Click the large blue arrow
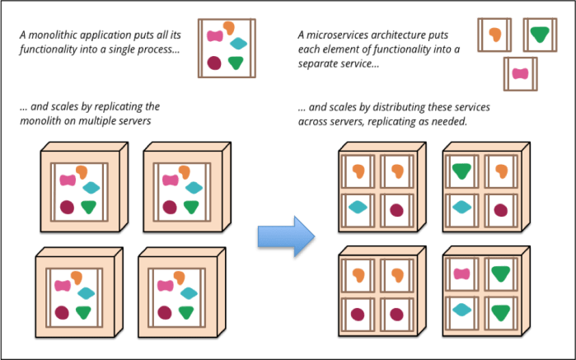(286, 236)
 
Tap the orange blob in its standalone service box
(495, 35)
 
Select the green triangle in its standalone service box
(540, 34)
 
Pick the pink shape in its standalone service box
(520, 73)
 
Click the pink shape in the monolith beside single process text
(215, 35)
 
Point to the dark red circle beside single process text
(214, 63)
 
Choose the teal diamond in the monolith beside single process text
(239, 44)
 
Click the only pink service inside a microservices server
(461, 274)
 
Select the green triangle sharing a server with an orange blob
(461, 171)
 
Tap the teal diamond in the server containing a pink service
(461, 310)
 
